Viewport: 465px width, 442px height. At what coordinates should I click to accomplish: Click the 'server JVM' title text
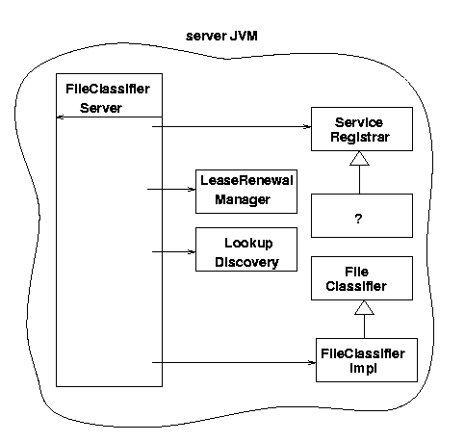pos(221,36)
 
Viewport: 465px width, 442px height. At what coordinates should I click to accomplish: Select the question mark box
pos(362,216)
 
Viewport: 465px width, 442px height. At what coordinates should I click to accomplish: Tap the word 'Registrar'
pos(360,137)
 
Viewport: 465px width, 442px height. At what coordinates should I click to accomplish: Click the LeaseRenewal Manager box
pos(246,192)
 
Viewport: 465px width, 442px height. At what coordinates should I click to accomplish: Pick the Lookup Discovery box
pos(246,249)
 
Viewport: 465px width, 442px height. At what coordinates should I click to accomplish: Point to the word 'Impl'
pos(363,369)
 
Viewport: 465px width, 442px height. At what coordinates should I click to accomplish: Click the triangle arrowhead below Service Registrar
pos(359,158)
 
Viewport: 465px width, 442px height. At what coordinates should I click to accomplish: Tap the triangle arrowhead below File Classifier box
pos(364,307)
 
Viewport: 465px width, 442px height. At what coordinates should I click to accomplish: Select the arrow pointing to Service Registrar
pos(231,127)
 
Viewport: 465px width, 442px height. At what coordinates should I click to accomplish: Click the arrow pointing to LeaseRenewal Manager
pos(171,190)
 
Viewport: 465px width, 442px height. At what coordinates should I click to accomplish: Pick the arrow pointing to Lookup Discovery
pos(173,252)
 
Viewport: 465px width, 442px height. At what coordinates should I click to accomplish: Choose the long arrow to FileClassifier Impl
pos(234,363)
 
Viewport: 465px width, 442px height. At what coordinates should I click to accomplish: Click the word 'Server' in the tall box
pos(101,108)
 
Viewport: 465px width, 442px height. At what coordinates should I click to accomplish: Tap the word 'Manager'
pos(243,199)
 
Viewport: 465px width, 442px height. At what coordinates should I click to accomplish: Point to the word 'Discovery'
pos(246,262)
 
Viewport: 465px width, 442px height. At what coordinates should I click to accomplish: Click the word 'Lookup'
pos(248,243)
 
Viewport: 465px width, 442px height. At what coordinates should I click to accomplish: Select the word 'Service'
pos(359,122)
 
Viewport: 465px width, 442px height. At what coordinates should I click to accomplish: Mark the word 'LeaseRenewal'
pos(246,180)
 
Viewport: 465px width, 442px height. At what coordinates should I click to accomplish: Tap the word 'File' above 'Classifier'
pos(356,272)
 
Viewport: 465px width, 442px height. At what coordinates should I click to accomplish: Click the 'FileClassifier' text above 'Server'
pos(108,89)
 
